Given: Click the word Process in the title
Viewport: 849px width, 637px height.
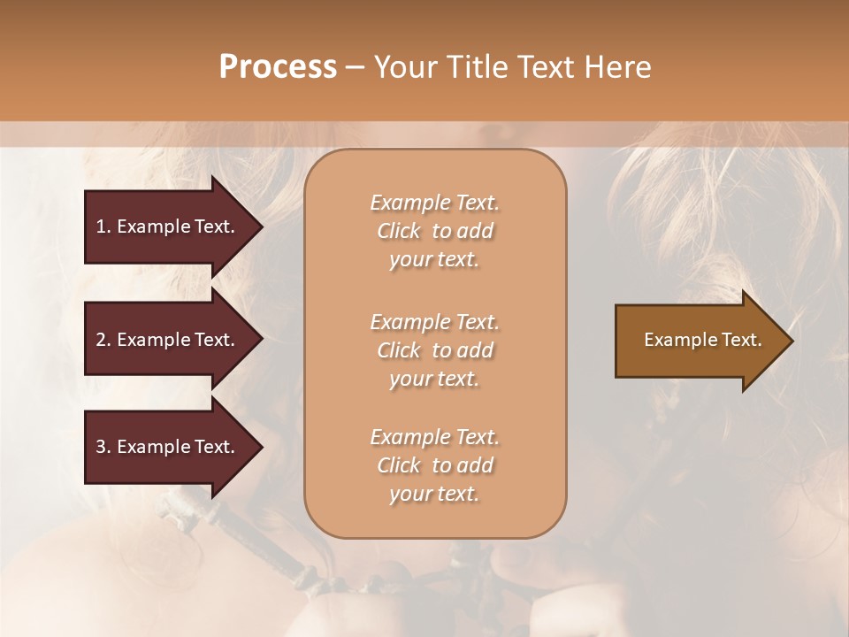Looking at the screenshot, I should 278,67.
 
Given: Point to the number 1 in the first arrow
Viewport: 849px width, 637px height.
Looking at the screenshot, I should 100,226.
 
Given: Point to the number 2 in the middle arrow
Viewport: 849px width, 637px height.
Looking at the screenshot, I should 100,340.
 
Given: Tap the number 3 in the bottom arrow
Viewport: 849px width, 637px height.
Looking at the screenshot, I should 100,447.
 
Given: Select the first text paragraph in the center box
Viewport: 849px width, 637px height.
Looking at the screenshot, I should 434,231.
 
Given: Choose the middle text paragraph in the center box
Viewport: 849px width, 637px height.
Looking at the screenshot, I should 434,350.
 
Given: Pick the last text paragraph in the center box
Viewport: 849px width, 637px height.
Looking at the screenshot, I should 434,465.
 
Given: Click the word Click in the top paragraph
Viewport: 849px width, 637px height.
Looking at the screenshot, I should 399,231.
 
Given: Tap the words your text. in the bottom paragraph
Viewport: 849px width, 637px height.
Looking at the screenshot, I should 434,494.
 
